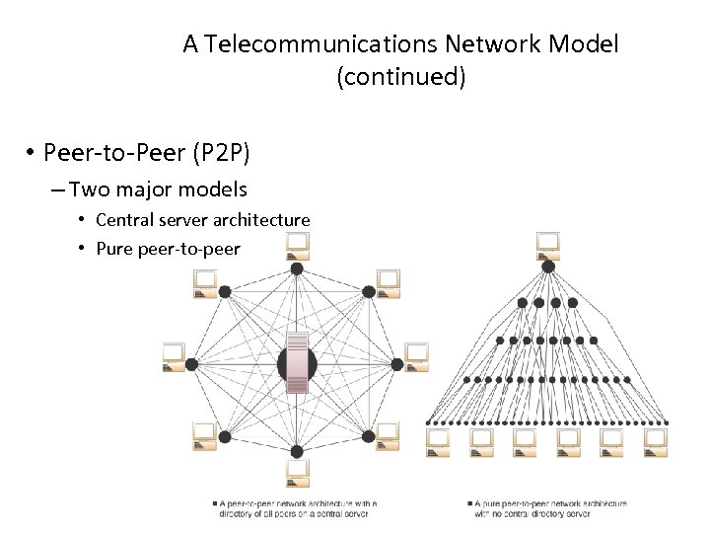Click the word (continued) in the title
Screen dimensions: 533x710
(x=400, y=77)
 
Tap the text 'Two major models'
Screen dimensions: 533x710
(x=158, y=190)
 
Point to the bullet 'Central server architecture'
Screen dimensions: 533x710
(x=202, y=220)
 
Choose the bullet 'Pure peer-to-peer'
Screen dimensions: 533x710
(x=168, y=249)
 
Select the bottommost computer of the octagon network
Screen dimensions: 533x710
(x=296, y=473)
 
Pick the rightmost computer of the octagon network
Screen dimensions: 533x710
(x=417, y=353)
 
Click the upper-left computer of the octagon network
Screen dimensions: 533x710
(x=204, y=282)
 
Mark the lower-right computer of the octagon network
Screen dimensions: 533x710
(x=388, y=435)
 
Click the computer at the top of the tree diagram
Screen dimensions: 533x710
(x=547, y=243)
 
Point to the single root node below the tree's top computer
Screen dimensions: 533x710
(x=548, y=266)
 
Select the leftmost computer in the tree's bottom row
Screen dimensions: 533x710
(x=438, y=441)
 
